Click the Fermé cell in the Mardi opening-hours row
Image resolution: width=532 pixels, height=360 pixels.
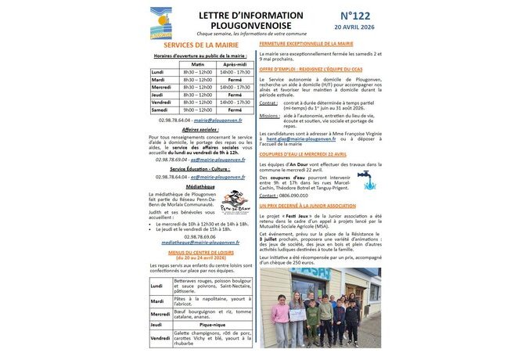point(235,79)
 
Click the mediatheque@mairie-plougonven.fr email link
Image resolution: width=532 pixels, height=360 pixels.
point(200,243)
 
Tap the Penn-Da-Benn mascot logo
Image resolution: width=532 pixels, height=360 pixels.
point(234,202)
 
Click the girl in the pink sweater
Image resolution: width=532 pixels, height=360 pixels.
point(281,316)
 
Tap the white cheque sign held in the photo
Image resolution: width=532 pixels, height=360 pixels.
point(297,314)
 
